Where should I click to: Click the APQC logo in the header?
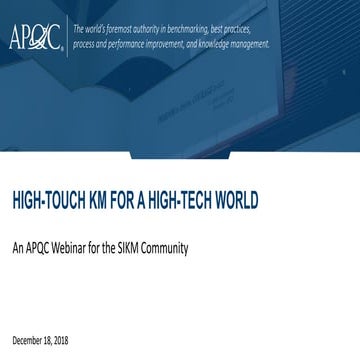tap(36, 35)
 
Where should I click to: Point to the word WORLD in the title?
tap(237, 201)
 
